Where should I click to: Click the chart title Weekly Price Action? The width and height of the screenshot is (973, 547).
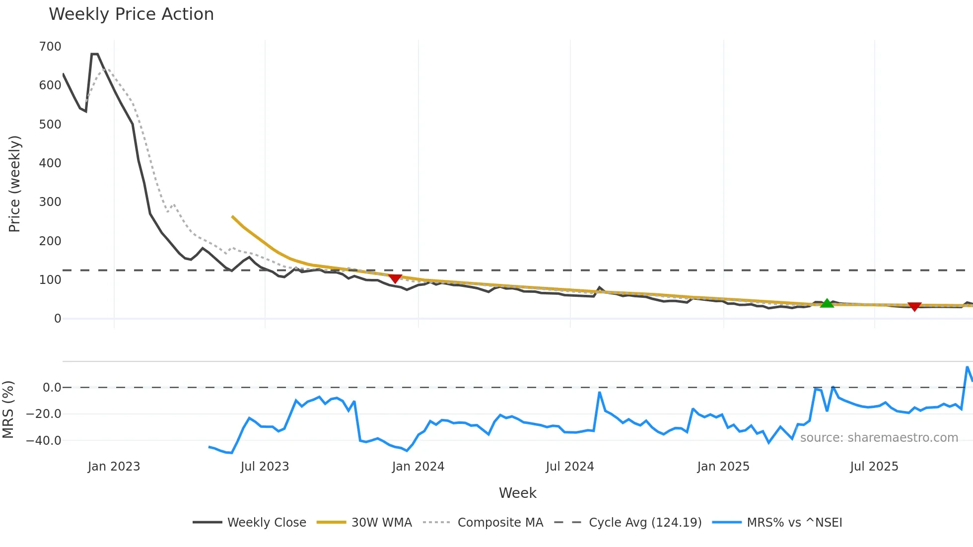(131, 14)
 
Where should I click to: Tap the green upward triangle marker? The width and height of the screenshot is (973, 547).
(827, 303)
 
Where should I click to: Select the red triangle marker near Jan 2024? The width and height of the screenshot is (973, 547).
(395, 279)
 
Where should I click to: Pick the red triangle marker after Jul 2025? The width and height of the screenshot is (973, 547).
(914, 307)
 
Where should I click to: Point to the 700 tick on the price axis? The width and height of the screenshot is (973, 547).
(50, 47)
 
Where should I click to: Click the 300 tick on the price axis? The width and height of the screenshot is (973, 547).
(50, 202)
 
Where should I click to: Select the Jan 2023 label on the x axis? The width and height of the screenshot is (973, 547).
(114, 467)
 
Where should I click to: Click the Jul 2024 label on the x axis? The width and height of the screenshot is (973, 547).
(570, 467)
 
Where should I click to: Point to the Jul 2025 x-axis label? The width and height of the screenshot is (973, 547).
(874, 467)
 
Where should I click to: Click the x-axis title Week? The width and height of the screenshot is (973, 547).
(517, 493)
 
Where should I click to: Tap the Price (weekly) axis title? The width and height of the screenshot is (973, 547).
(14, 184)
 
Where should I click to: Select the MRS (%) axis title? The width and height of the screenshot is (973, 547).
(8, 410)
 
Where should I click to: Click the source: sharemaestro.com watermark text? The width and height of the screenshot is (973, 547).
(879, 438)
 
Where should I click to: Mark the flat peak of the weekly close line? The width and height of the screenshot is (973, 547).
(94, 54)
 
